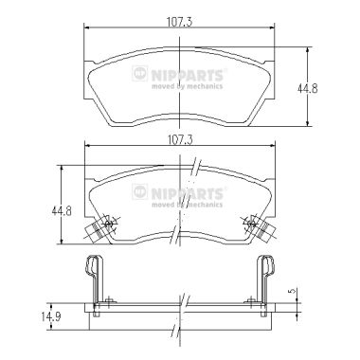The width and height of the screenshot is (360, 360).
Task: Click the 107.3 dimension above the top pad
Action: [x=179, y=22]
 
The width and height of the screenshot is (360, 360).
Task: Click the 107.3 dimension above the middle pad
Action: [x=180, y=139]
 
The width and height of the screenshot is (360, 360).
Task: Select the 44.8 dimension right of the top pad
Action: [x=307, y=89]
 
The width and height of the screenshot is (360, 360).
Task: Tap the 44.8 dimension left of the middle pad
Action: [x=62, y=210]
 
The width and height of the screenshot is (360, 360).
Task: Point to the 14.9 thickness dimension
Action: [x=51, y=316]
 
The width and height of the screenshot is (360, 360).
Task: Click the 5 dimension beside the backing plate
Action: [x=294, y=291]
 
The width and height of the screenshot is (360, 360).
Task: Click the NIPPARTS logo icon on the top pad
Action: [x=140, y=73]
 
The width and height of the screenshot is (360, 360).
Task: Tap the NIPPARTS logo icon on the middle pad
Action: [x=140, y=191]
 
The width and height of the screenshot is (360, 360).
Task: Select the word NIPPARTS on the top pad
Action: [x=188, y=76]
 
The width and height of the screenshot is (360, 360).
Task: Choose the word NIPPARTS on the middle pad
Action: [x=188, y=194]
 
